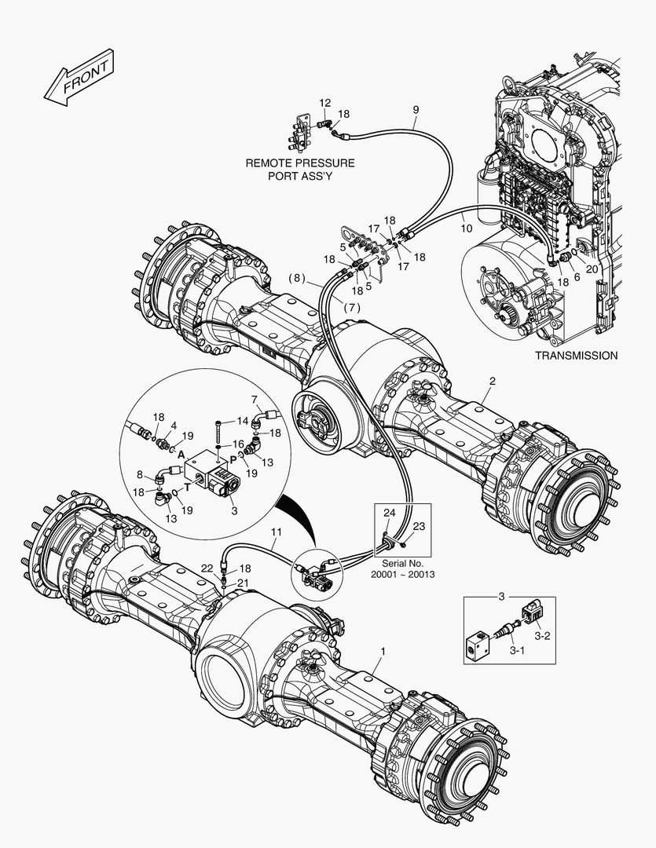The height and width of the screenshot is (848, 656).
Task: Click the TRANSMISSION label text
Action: pos(576,356)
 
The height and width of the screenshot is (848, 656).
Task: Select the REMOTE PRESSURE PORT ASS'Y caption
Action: pos(300,170)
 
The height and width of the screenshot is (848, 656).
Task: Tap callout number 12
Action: pos(325,104)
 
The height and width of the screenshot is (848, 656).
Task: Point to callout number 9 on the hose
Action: pos(416,109)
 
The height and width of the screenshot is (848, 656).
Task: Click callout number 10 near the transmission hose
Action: pos(466,228)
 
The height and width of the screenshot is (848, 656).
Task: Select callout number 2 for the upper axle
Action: pos(492,382)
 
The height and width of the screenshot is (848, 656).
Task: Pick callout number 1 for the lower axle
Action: pos(383,652)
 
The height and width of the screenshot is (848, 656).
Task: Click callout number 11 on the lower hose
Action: pos(276,532)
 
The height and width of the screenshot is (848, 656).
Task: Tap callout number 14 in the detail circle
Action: pos(243,420)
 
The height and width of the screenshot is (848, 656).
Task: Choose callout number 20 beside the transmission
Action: pos(592,269)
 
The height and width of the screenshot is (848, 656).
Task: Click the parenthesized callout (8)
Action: pos(296,277)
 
